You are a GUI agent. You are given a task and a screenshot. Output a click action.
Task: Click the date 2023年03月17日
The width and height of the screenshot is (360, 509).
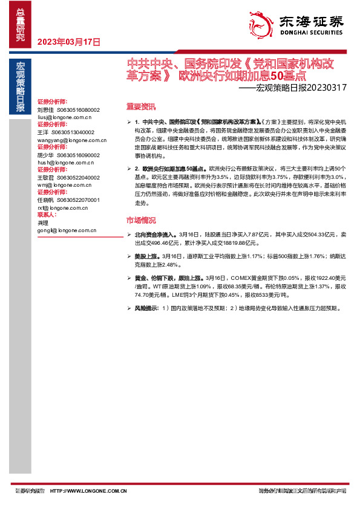[68, 42]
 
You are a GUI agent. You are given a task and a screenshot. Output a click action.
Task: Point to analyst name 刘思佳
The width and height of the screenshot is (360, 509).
[45, 110]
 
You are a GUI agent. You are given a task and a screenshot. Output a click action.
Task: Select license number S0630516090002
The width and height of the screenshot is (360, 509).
[76, 154]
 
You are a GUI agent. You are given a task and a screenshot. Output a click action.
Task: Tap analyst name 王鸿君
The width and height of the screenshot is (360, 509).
[45, 177]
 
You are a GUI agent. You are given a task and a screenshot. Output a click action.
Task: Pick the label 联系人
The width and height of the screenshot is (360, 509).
[47, 215]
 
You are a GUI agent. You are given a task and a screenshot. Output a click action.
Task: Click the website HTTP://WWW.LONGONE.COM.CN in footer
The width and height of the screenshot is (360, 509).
[88, 491]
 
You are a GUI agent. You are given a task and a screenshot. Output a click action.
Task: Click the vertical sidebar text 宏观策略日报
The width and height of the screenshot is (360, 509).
[21, 87]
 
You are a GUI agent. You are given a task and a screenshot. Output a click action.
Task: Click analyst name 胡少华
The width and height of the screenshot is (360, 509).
[45, 154]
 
